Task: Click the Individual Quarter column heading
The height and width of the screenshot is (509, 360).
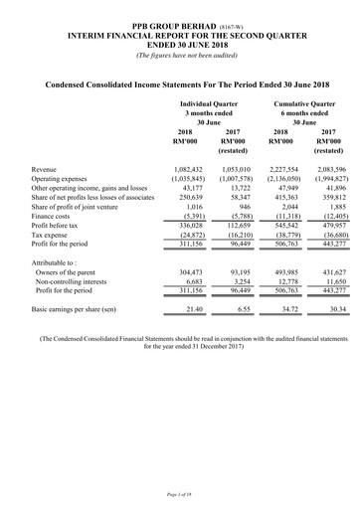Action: pyautogui.click(x=214, y=102)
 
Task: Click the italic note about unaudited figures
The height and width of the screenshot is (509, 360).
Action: pyautogui.click(x=179, y=54)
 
